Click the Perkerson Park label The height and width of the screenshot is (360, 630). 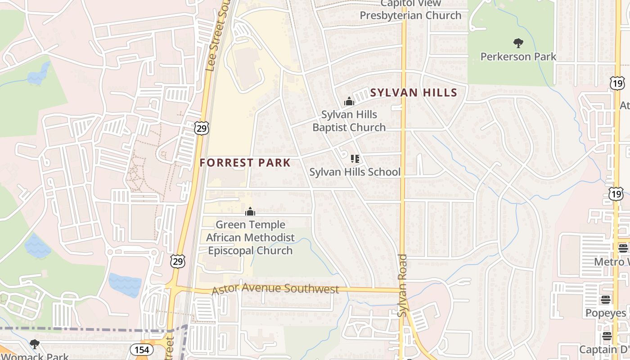point(518,57)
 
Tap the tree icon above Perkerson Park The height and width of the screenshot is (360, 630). point(518,43)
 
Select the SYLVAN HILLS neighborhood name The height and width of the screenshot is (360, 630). point(414,93)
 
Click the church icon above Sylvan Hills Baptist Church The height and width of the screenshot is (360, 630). point(349,102)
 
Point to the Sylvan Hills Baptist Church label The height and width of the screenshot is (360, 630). point(349,121)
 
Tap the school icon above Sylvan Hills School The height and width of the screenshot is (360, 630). point(355,158)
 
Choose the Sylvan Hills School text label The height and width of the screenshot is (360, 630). point(355,172)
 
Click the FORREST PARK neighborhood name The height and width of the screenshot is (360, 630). point(245,163)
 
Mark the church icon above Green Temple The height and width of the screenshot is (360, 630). point(250,211)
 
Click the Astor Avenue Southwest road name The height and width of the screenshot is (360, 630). point(275,288)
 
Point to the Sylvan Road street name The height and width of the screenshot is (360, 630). point(403,285)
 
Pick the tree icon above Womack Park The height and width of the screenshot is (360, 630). point(34,344)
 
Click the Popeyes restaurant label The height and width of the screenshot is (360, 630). point(605,313)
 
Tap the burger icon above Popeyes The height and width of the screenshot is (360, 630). point(606,299)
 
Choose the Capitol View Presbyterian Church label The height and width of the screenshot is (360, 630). point(410,10)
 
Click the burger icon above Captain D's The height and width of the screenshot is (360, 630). point(607,336)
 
